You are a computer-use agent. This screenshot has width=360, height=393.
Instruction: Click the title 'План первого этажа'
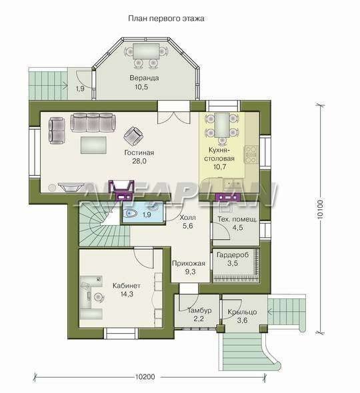166,19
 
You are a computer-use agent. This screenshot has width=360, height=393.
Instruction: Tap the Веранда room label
144,78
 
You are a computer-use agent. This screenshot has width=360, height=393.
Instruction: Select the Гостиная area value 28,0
139,161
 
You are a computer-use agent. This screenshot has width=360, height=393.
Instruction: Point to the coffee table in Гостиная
93,145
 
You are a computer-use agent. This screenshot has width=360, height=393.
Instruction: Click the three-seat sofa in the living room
93,123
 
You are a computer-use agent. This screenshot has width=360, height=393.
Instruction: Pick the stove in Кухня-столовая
251,155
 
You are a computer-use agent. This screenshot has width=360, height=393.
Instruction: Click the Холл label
187,217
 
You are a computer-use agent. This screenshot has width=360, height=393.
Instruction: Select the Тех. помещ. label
237,219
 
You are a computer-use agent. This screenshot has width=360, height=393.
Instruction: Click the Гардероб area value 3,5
233,263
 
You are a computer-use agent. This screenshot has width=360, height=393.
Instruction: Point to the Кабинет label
127,286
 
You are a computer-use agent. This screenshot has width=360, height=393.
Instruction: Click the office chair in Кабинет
99,297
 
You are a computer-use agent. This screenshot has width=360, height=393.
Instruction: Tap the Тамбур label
199,310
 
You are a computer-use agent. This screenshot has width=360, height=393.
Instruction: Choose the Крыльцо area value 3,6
243,320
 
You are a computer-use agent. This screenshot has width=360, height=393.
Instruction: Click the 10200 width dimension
145,377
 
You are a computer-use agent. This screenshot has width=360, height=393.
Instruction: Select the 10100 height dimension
321,209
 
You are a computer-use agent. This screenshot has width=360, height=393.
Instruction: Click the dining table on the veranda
146,51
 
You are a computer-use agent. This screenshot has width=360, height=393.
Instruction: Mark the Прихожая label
189,263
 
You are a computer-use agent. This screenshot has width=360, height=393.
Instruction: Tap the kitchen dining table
222,125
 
